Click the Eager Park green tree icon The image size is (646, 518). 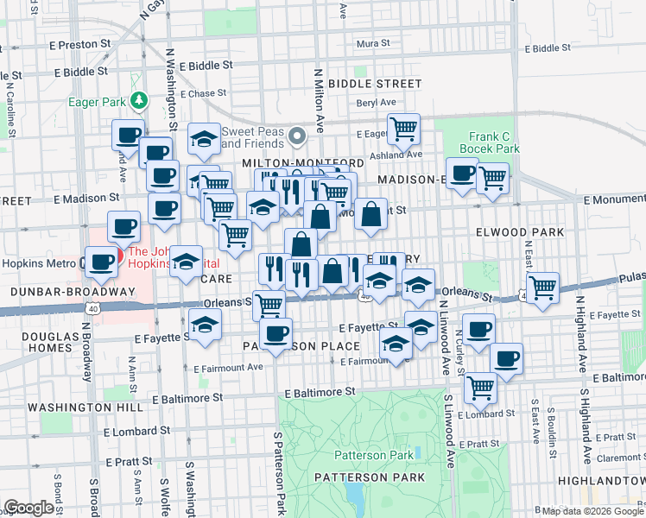click(137, 101)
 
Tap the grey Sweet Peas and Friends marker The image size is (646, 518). click(298, 136)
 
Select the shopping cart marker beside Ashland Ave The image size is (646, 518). click(402, 130)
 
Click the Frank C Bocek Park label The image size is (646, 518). click(494, 142)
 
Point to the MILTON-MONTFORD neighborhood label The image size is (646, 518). click(290, 163)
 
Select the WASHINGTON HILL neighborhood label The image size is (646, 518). click(73, 407)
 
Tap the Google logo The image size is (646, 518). click(29, 508)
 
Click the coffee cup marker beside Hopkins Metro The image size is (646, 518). click(100, 262)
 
